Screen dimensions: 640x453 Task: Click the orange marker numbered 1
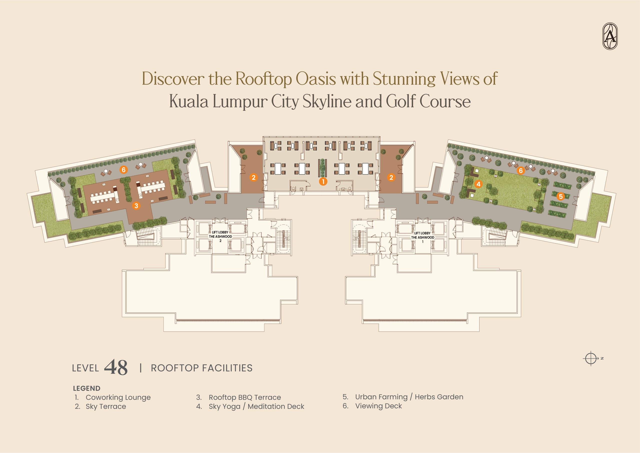323,181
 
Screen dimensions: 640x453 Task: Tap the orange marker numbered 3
136,206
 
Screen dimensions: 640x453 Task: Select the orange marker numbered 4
478,184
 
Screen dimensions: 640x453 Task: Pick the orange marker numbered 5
561,196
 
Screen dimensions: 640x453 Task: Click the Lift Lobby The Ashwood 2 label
220,237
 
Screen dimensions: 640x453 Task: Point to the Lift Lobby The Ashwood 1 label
422,237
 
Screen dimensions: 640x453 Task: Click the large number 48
116,367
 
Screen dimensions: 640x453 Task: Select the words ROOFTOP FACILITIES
201,368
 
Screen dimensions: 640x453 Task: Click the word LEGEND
86,388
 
